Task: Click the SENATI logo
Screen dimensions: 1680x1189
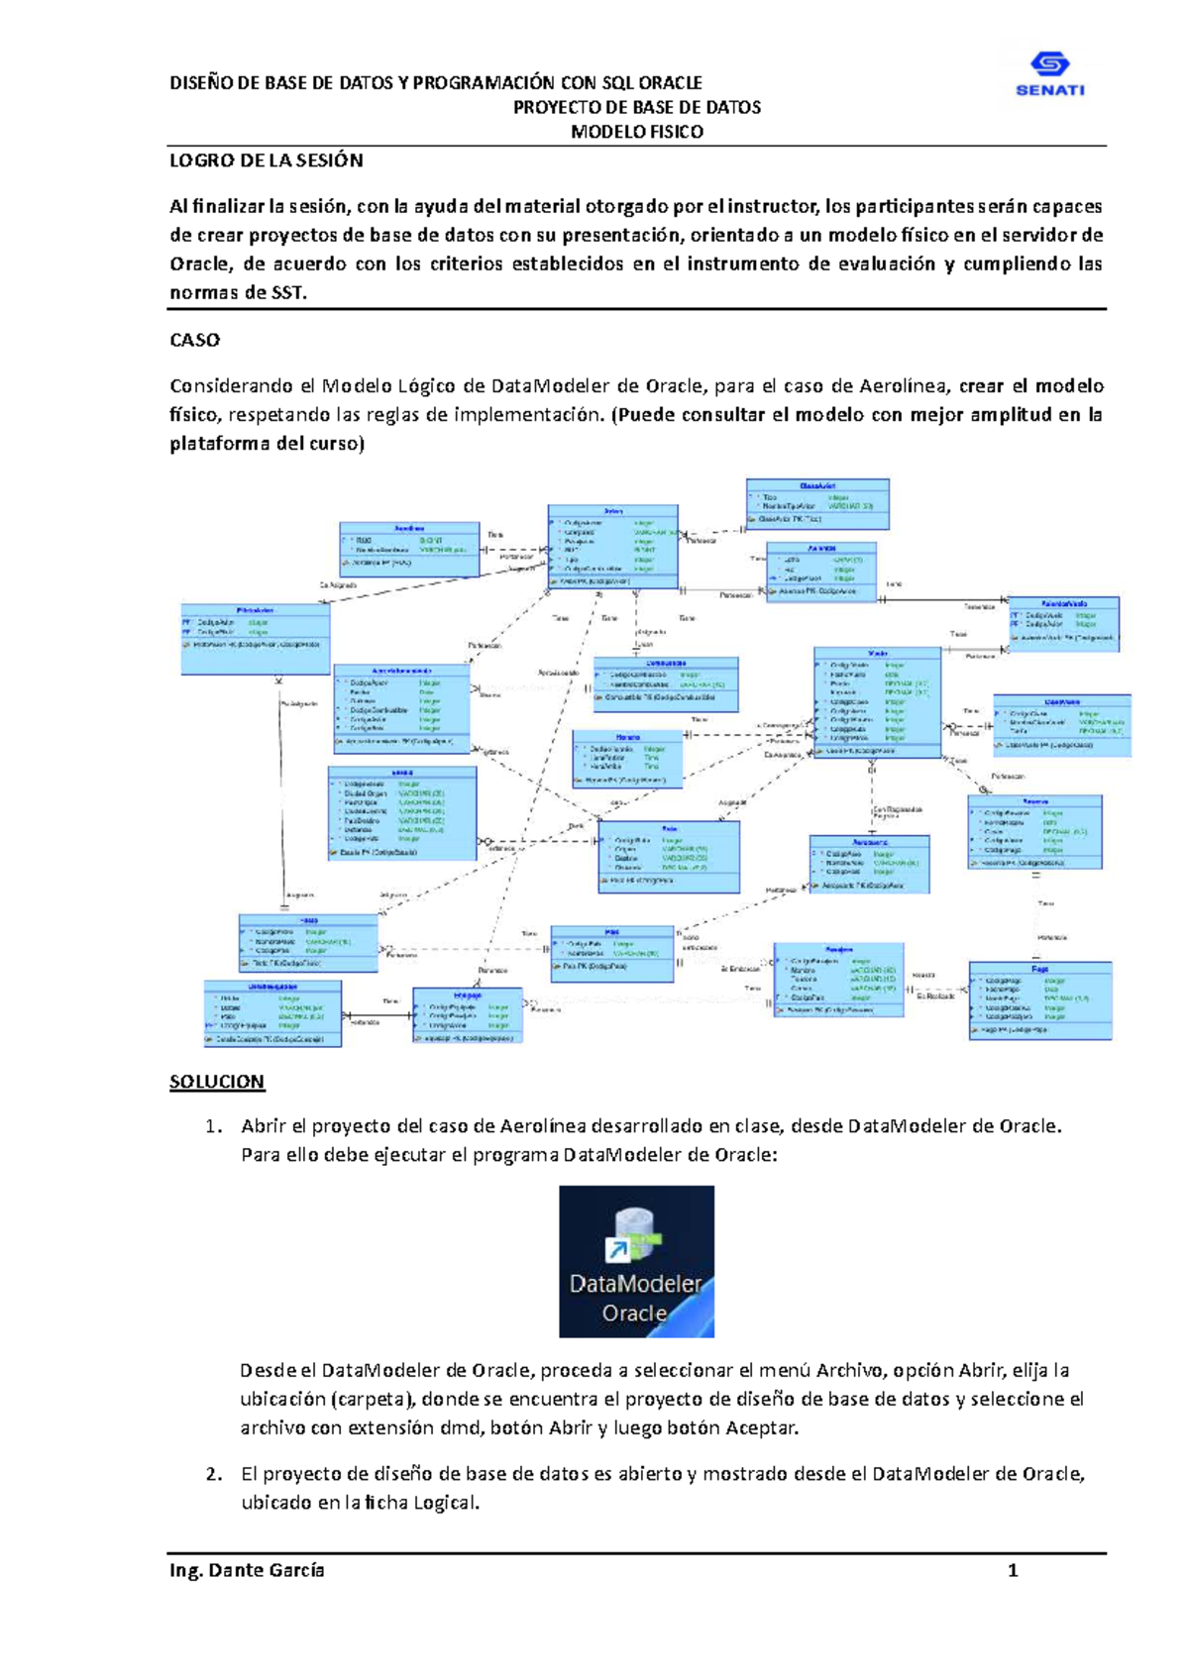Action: tap(1049, 73)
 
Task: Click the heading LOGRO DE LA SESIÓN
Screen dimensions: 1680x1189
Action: tap(267, 160)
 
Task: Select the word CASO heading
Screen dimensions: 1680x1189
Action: tap(194, 340)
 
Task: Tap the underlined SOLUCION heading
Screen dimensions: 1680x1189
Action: tap(217, 1081)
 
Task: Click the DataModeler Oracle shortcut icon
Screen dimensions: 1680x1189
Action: tap(636, 1261)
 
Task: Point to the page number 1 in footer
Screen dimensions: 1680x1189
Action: tap(1013, 1570)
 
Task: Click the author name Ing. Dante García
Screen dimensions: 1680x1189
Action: tap(247, 1570)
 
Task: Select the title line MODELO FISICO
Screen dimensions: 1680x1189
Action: tap(637, 132)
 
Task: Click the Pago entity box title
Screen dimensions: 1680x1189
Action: tap(1039, 968)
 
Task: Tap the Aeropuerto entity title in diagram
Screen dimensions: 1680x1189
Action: tap(869, 842)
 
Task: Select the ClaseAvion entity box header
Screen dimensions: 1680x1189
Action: tap(816, 485)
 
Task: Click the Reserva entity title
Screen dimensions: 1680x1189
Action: tap(1034, 801)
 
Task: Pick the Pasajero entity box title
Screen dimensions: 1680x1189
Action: tap(838, 949)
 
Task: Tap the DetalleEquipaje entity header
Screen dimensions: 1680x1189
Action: tap(272, 987)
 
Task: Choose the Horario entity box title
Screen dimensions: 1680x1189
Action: tap(627, 737)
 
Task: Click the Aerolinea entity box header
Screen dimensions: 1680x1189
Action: tap(409, 528)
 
